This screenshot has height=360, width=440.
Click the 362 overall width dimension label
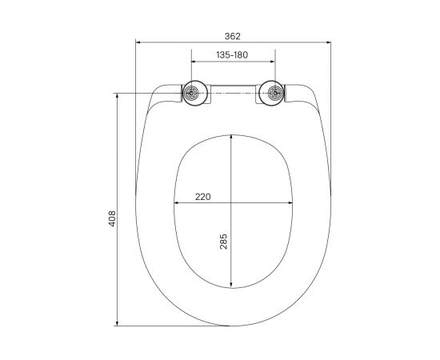click(233, 36)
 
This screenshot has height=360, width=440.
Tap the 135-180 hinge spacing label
click(232, 55)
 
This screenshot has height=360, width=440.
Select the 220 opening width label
click(203, 197)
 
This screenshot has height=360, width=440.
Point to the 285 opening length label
click(224, 242)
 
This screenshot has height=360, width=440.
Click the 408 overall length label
click(112, 218)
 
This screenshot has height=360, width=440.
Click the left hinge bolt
click(192, 93)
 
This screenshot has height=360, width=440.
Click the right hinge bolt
click(274, 93)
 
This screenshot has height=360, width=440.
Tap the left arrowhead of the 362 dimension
click(138, 42)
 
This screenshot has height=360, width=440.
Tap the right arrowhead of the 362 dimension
click(329, 42)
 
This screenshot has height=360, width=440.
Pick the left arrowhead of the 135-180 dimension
click(194, 62)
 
